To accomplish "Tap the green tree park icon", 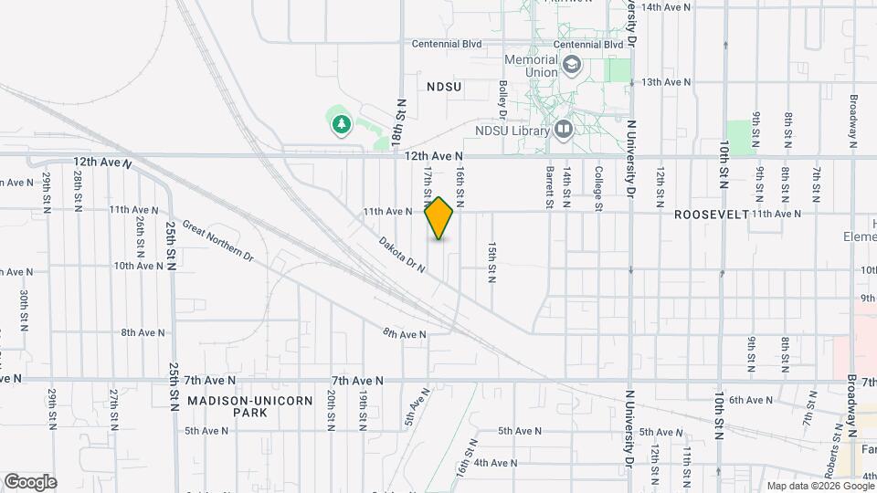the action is pos(342,123).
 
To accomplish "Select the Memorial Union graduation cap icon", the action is pos(572,65).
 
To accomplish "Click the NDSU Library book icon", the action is pos(564,130).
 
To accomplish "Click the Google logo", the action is pos(29,481).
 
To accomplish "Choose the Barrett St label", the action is pos(550,187).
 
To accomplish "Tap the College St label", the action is pos(598,187).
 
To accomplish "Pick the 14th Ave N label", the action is pos(666,7).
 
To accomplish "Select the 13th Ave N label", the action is pos(666,82).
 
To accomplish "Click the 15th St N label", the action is pos(491,262).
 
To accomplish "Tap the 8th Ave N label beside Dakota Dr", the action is pos(404,335).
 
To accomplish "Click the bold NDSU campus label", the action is pos(444,86).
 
